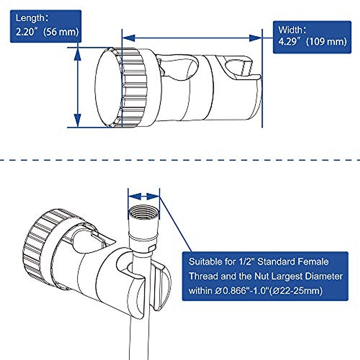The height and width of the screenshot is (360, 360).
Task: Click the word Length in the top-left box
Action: pos(30,18)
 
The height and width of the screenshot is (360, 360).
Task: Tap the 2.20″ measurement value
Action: pos(26,31)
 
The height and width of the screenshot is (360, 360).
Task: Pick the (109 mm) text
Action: pos(326,41)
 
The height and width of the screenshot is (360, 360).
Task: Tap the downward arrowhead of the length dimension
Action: pos(78,121)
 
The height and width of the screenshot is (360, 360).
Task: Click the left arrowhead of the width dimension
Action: pos(128,38)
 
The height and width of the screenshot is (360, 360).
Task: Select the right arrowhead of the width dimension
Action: pos(256,38)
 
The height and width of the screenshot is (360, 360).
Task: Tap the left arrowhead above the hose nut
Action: pos(134,196)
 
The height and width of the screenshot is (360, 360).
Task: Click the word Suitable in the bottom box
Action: pos(204,262)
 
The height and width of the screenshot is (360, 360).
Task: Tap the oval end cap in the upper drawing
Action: pos(108,87)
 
